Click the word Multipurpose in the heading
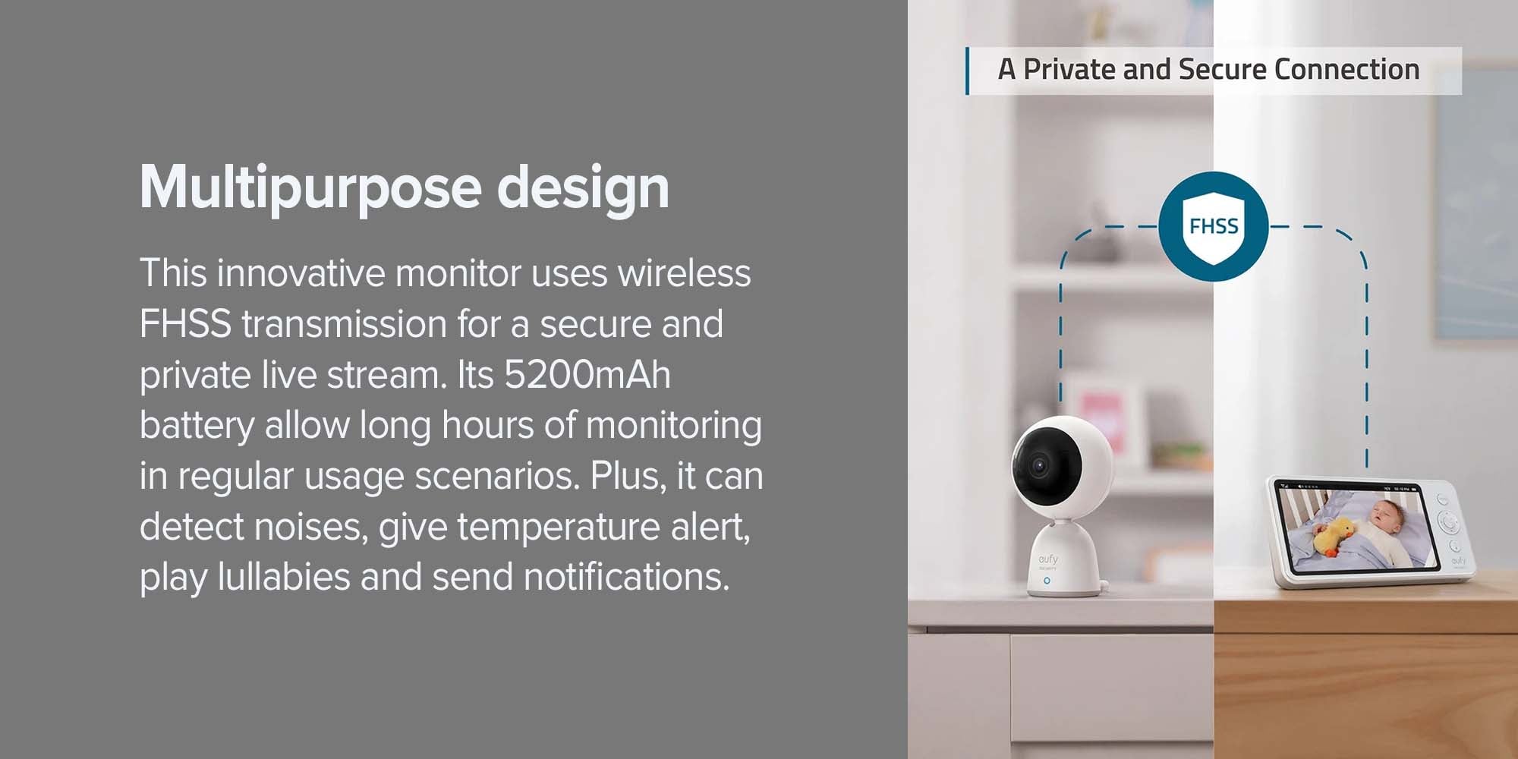point(310,188)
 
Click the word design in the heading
point(583,188)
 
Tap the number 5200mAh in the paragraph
point(587,374)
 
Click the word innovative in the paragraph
point(301,273)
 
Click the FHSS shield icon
point(1214,226)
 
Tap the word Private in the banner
point(1069,69)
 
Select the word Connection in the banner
point(1346,69)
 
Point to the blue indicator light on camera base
point(1047,581)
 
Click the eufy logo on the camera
point(1048,559)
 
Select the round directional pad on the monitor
point(1448,522)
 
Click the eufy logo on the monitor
point(1459,561)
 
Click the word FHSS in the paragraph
point(185,324)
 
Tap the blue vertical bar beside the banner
point(967,71)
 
